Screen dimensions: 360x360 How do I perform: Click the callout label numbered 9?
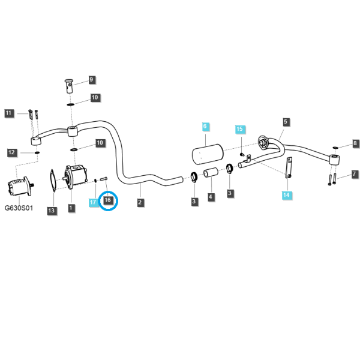[91, 79]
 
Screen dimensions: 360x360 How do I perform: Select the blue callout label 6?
[205, 126]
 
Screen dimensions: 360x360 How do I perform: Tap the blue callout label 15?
[239, 129]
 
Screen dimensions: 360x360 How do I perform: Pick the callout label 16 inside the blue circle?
[107, 200]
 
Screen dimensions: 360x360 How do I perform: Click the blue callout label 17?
[93, 202]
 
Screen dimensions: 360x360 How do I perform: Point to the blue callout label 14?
[286, 195]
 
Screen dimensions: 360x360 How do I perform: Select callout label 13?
[52, 211]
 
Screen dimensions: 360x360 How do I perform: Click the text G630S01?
[19, 208]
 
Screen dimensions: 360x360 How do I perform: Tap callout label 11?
[8, 113]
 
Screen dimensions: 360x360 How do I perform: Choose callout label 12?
[12, 152]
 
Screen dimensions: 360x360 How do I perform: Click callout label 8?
[355, 143]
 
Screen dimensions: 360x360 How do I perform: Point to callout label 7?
[355, 174]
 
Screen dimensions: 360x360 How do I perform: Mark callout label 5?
[286, 122]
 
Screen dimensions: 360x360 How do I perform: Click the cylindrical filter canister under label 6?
[208, 154]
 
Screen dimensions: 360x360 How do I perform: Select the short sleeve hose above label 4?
[211, 173]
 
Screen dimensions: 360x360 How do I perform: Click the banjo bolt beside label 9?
[69, 86]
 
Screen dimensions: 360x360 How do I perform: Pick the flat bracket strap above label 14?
[289, 167]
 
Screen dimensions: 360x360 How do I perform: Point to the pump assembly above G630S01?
[20, 186]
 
